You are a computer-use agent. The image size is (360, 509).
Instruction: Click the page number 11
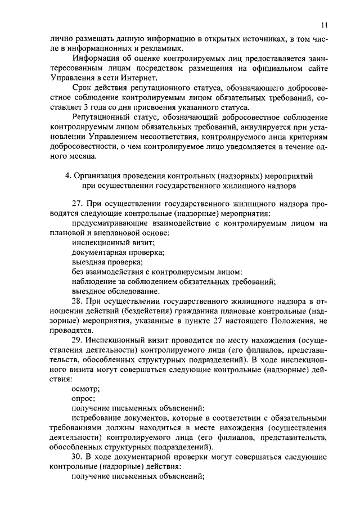pos(325,25)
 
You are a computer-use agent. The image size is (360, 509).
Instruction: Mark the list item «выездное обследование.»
pos(116,291)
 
